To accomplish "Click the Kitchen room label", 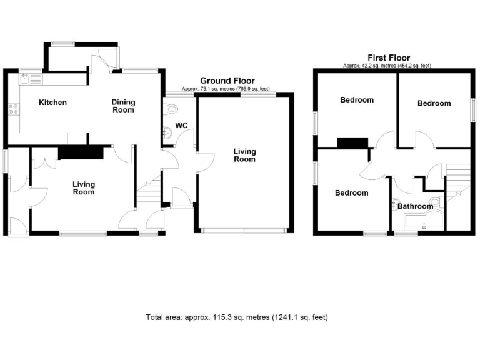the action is click(x=52, y=102).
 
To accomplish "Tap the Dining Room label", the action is click(x=123, y=106).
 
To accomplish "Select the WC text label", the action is click(x=181, y=126).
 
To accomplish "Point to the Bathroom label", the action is click(x=416, y=206).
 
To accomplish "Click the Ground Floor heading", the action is click(x=227, y=81).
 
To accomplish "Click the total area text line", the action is click(x=236, y=317).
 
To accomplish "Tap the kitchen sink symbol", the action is click(x=27, y=79).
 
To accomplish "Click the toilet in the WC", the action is click(x=172, y=109).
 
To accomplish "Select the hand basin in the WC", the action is click(x=167, y=132).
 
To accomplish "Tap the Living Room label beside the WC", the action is click(x=244, y=155).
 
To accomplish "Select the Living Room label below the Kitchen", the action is click(x=83, y=188).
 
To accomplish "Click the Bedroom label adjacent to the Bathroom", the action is click(x=351, y=193).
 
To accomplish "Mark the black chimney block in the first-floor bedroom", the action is click(x=352, y=143).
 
